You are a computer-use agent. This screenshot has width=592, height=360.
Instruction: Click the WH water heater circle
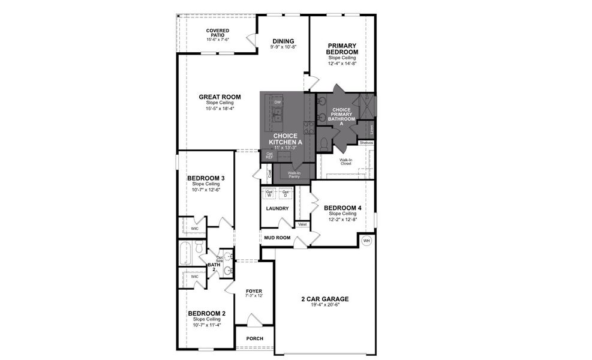pos(366,241)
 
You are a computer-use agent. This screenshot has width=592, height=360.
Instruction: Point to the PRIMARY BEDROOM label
pos(342,49)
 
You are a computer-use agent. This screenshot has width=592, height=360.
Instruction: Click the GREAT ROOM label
pos(220,97)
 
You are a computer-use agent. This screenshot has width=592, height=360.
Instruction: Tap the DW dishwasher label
pos(277,103)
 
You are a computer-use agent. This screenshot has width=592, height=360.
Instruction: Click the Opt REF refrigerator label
pos(269,155)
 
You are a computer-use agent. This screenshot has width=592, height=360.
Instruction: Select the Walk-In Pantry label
pos(290,175)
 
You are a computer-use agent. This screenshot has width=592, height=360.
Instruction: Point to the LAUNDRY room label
pos(277,209)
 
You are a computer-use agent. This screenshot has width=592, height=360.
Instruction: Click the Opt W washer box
pos(269,193)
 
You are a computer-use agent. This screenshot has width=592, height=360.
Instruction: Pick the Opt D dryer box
pos(286,193)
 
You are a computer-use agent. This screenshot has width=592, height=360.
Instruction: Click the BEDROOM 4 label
pos(342,209)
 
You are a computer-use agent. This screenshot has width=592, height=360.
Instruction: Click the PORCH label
pos(255,338)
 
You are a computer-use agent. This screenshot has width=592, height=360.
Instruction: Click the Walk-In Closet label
pos(345,161)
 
